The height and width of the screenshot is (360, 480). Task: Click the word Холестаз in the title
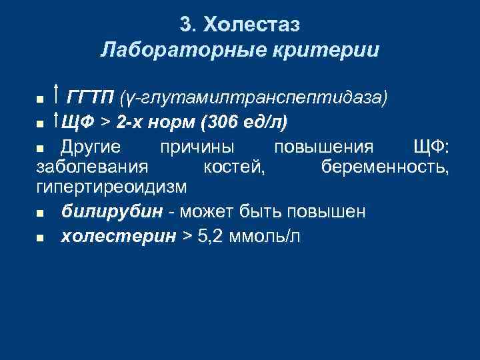tap(253, 25)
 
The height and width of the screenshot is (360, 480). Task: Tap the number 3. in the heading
tap(188, 25)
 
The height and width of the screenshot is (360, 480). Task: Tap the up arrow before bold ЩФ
tap(57, 121)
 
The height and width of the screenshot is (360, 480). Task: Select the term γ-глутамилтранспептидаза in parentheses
tap(253, 99)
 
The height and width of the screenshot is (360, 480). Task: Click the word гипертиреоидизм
tap(112, 186)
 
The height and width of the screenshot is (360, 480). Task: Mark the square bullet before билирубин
tap(41, 214)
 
